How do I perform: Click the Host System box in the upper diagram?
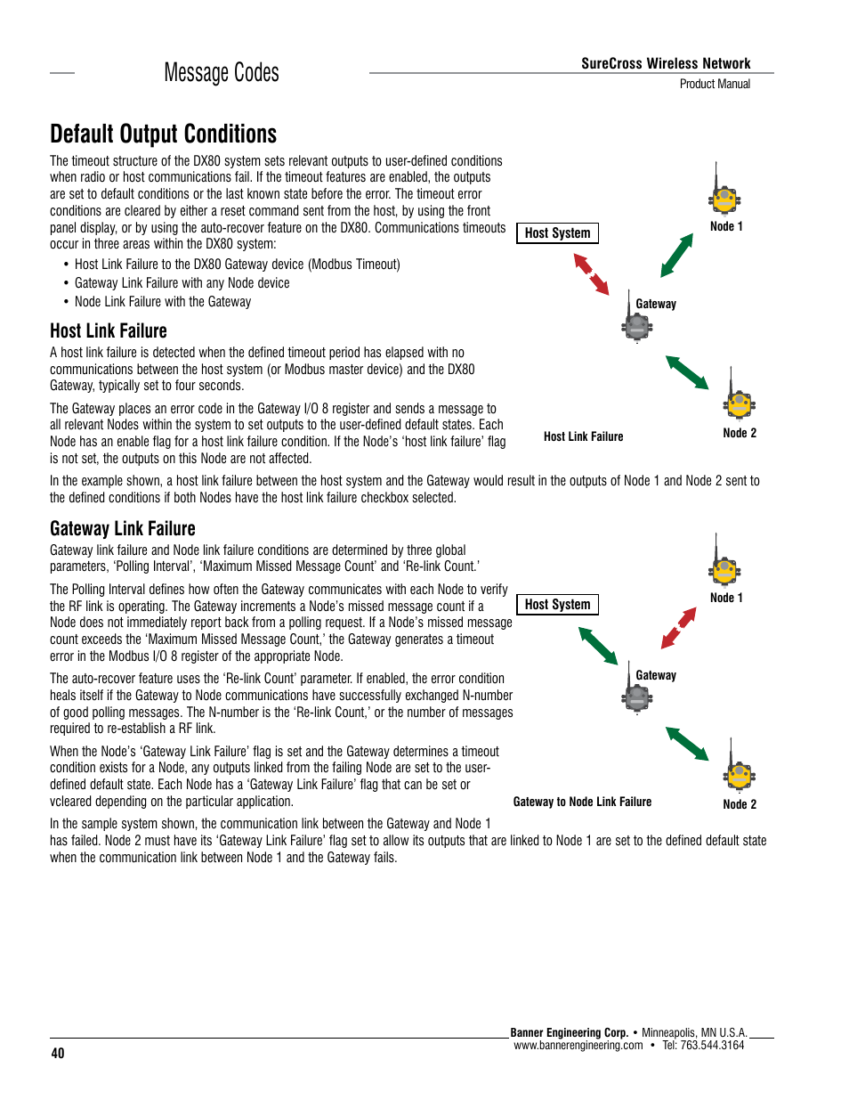[557, 233]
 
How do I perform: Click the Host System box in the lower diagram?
[557, 605]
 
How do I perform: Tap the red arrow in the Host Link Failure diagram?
[592, 274]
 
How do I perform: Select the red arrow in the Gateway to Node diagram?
[679, 628]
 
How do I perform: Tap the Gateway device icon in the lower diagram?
[636, 697]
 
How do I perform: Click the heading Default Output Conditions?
[164, 134]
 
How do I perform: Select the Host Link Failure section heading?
[109, 331]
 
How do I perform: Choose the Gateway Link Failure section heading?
[123, 529]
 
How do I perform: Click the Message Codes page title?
[222, 73]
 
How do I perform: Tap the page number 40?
[58, 1054]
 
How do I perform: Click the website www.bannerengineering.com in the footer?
[578, 1046]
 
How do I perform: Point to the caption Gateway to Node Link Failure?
[582, 802]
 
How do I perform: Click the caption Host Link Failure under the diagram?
[583, 436]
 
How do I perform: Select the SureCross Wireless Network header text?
[666, 63]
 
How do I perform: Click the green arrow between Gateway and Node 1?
[677, 256]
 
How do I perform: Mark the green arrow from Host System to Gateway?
[598, 646]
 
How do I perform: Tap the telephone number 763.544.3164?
[712, 1046]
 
